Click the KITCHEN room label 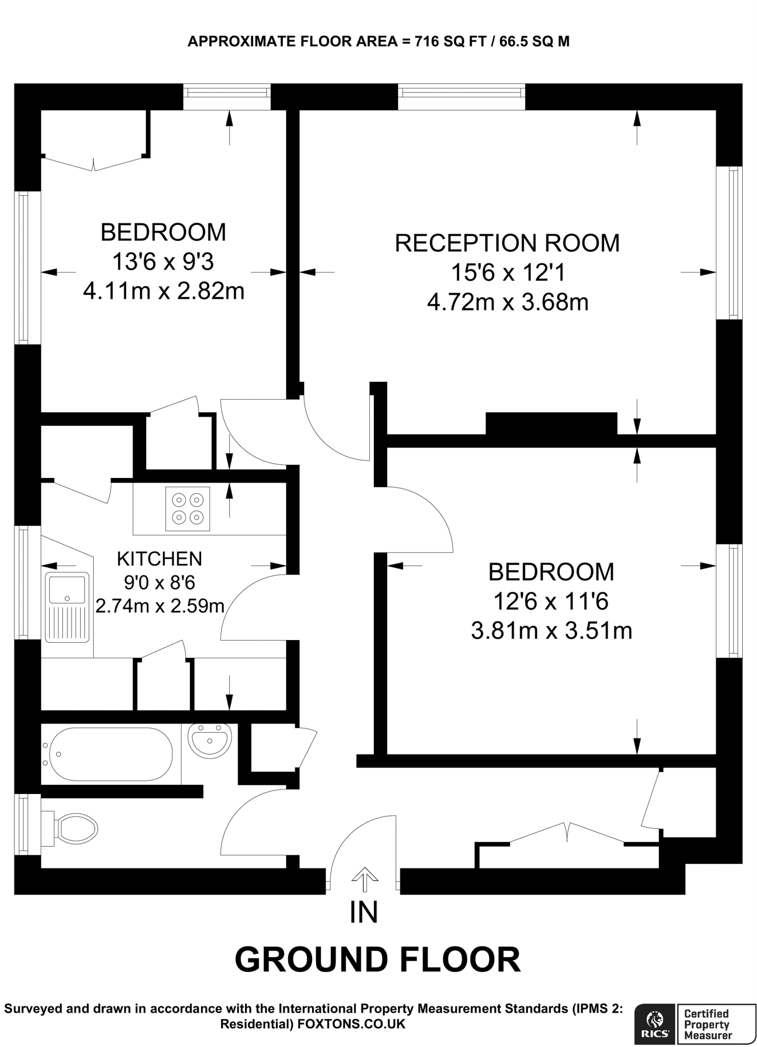point(160,559)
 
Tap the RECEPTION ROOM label point(507,243)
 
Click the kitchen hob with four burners point(187,509)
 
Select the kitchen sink point(67,607)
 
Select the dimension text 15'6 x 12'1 point(507,272)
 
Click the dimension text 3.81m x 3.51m point(551,631)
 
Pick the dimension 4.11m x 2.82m point(163,291)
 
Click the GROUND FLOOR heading point(377,959)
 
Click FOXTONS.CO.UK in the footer point(351,1024)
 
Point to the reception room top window point(461,92)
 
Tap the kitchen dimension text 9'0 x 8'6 point(160,582)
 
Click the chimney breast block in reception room point(551,423)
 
